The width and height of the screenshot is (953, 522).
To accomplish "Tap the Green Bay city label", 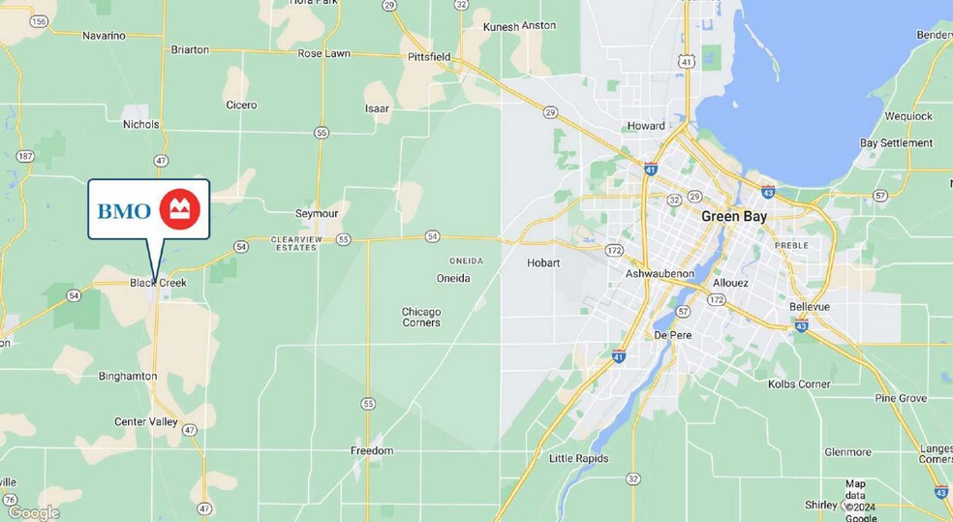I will [733, 217].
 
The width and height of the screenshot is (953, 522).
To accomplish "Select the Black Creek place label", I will [158, 283].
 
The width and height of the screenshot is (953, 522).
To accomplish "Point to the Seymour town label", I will [316, 214].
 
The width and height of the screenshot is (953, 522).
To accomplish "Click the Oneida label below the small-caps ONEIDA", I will [452, 278].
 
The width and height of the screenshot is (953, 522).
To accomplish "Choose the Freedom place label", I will [372, 450].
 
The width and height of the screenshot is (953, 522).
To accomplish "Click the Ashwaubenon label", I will [660, 274].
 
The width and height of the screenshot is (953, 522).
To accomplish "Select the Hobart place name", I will [543, 262].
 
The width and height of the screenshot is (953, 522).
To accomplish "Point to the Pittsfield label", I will [428, 57].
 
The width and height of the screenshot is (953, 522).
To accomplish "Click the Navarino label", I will [104, 36].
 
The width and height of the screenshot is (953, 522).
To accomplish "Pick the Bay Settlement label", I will [896, 143].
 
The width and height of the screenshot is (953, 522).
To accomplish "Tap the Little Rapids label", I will [578, 458].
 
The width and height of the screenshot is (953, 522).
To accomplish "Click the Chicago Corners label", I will [421, 317].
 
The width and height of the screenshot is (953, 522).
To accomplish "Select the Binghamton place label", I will [128, 376].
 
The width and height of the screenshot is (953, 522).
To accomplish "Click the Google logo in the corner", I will [33, 512].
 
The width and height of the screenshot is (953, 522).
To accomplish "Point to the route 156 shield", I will [39, 21].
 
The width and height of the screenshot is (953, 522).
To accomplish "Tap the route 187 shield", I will [25, 156].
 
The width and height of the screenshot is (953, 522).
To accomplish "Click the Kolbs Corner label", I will [799, 384].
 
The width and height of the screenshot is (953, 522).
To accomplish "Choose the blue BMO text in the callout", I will [124, 210].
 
